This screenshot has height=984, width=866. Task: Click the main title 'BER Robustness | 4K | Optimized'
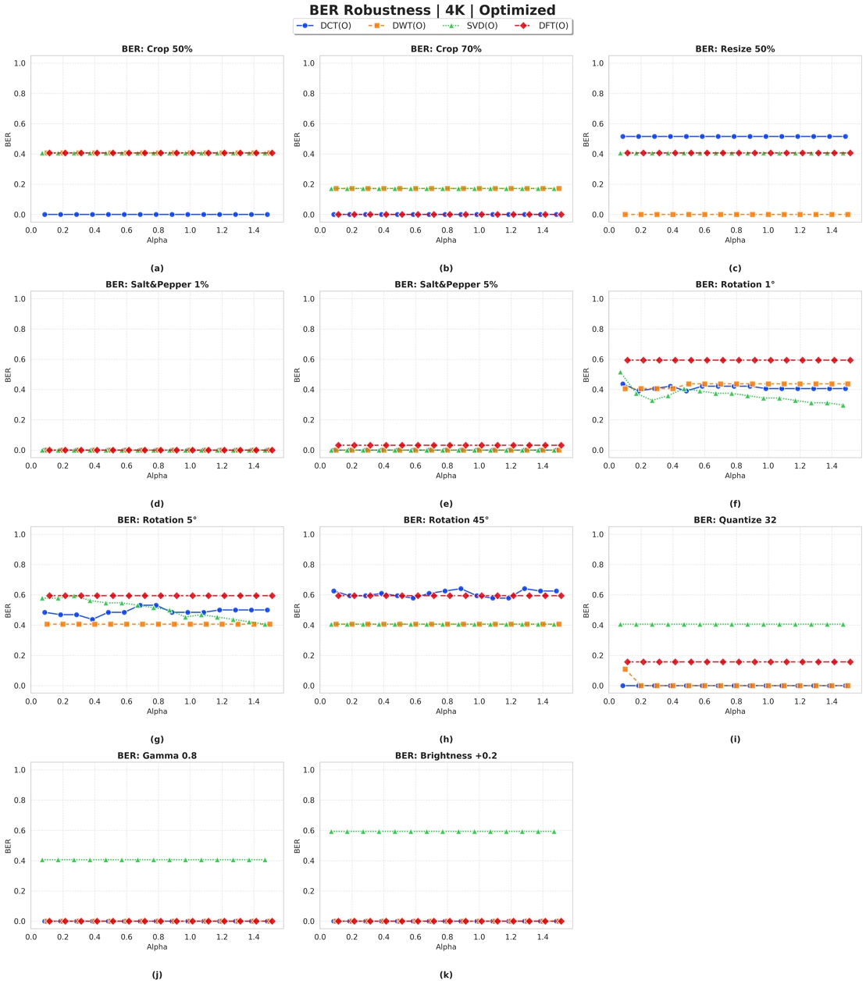pyautogui.click(x=432, y=10)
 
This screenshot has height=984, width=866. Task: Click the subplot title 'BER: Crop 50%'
pyautogui.click(x=157, y=49)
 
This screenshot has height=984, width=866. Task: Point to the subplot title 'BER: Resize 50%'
pyautogui.click(x=735, y=49)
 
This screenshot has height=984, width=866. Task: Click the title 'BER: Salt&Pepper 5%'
pyautogui.click(x=446, y=285)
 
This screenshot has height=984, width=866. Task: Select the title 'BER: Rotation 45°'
pyautogui.click(x=446, y=520)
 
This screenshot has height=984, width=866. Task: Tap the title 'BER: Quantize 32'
pyautogui.click(x=735, y=520)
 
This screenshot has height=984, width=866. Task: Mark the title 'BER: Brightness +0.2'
pyautogui.click(x=446, y=756)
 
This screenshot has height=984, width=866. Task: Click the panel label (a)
pyautogui.click(x=157, y=269)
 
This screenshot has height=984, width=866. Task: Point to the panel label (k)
pyautogui.click(x=446, y=975)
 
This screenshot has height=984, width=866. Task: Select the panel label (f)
pyautogui.click(x=735, y=504)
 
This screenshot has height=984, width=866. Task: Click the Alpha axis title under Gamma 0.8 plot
pyautogui.click(x=157, y=947)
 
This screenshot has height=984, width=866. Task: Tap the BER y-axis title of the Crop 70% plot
pyautogui.click(x=298, y=139)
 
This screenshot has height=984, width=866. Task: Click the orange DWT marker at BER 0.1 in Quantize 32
pyautogui.click(x=625, y=669)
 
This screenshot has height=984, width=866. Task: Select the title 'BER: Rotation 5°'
pyautogui.click(x=157, y=520)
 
